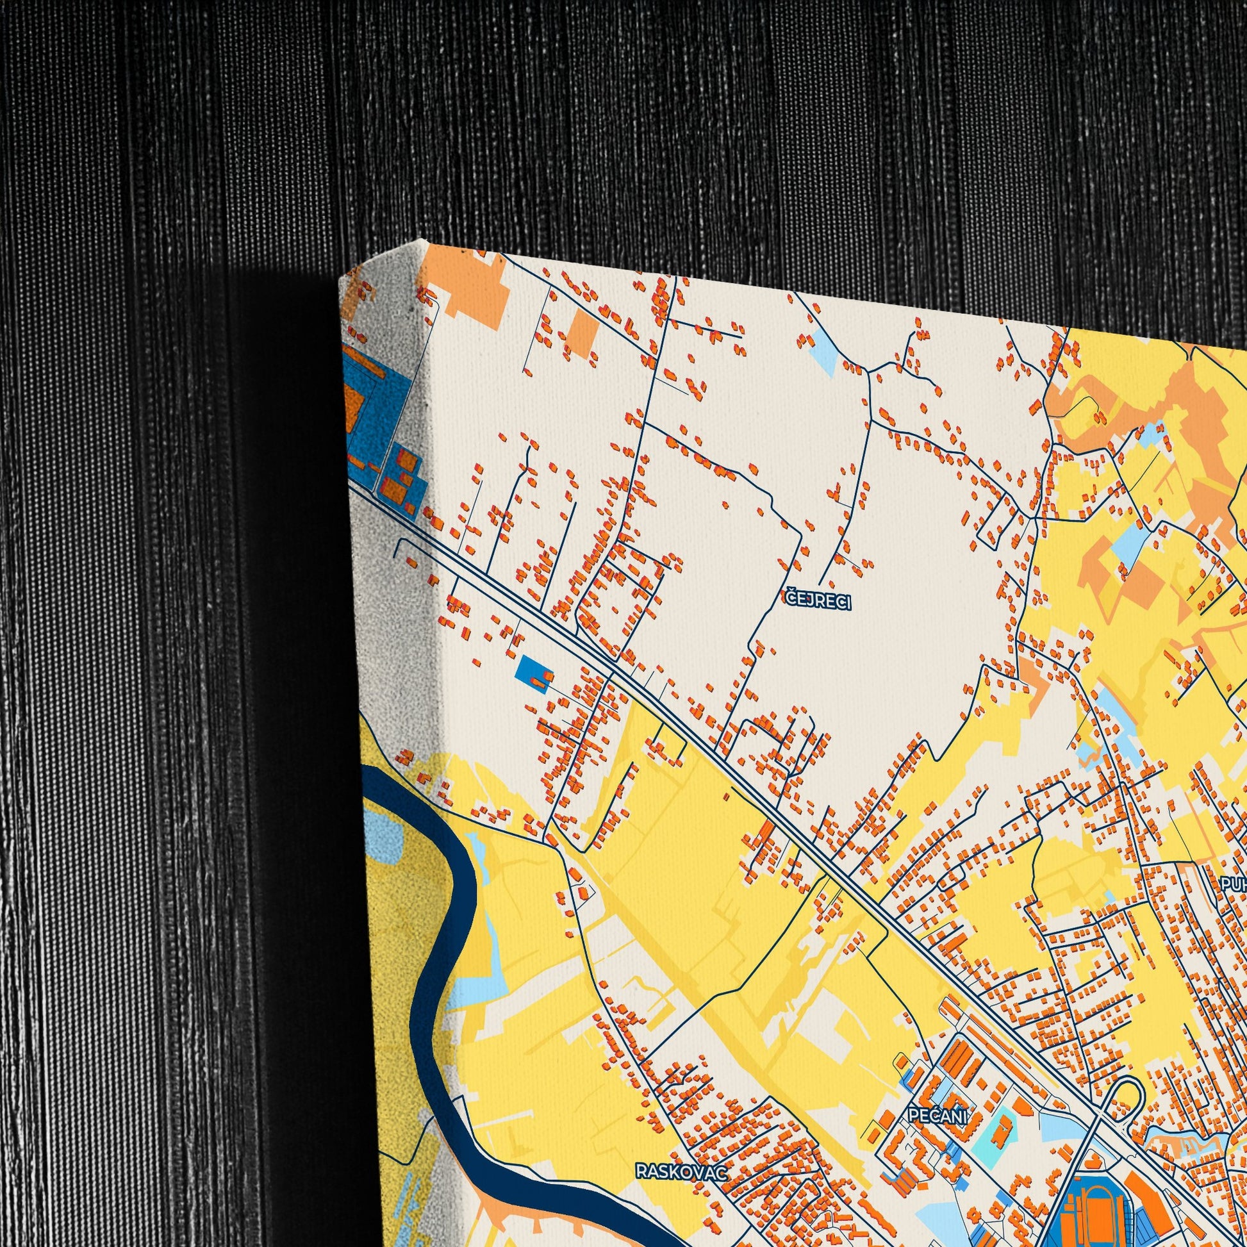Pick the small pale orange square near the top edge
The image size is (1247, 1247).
pyautogui.click(x=582, y=333)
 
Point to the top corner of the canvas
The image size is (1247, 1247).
pyautogui.click(x=424, y=242)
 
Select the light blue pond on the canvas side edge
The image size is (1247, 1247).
pyautogui.click(x=381, y=836)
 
